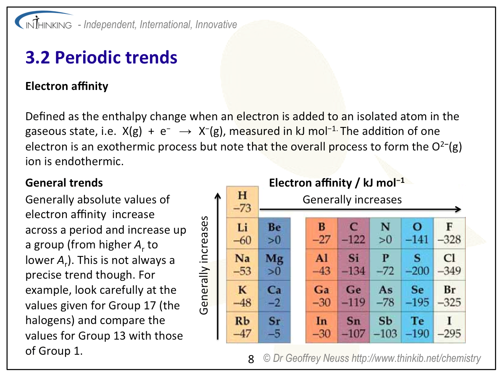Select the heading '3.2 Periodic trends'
101,58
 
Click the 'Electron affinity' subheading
67,86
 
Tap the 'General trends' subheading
64,182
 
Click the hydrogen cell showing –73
242,202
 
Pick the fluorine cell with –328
449,233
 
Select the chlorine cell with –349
449,265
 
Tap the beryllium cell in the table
274,233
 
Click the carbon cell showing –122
353,233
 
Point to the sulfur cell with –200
417,265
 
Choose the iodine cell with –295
449,327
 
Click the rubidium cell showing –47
242,327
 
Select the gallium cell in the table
321,296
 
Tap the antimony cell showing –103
385,327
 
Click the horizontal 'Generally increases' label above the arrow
352,200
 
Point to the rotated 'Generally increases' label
204,265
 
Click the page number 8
251,359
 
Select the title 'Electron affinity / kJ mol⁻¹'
337,182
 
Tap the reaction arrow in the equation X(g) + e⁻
185,132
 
